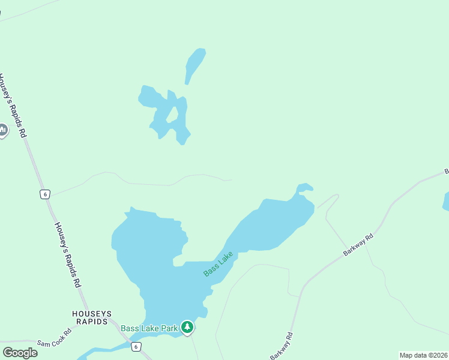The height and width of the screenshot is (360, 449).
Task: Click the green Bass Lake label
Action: [218, 264]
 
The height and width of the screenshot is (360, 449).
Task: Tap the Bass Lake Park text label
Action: [149, 328]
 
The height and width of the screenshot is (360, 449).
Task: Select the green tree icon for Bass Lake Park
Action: [188, 327]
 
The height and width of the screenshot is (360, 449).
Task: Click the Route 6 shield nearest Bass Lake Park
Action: [136, 347]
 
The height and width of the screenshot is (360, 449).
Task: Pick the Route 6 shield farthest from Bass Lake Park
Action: [44, 194]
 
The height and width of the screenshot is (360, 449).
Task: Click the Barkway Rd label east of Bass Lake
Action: [358, 246]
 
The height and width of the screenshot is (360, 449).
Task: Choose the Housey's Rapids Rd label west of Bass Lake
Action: [67, 255]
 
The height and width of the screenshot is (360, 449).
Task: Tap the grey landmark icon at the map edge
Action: [2, 130]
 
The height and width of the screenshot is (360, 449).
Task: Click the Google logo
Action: [20, 352]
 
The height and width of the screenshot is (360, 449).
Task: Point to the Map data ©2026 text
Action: [424, 355]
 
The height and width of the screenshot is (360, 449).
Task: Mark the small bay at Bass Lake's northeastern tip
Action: [304, 188]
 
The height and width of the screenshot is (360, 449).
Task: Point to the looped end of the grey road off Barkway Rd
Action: [336, 196]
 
